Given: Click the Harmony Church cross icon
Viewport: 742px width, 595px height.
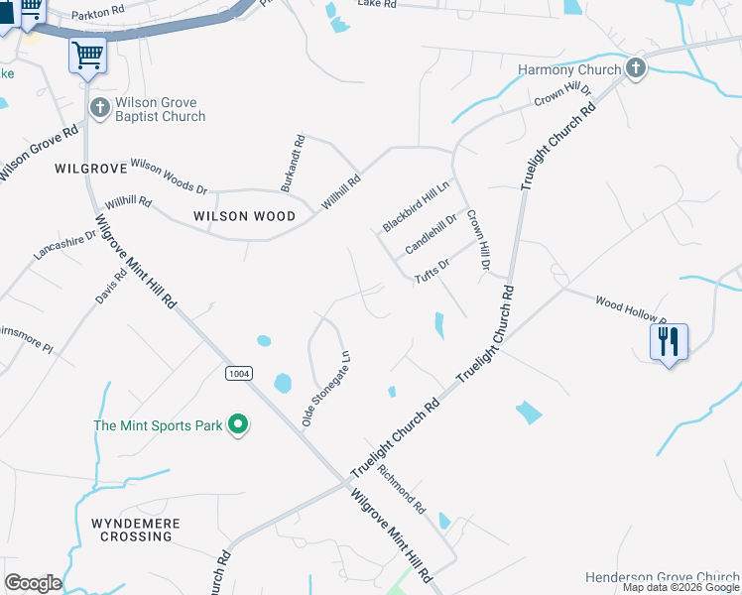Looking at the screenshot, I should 636,69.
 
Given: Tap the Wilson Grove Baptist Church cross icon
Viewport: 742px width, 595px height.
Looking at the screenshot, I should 99,107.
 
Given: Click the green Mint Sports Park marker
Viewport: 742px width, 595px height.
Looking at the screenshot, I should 237,425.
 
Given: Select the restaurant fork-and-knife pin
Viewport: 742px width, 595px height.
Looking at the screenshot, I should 669,343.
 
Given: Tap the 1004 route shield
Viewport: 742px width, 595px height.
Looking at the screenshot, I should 238,373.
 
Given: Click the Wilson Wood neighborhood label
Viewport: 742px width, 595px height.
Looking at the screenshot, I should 244,216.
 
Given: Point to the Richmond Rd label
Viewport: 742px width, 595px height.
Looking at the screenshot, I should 401,491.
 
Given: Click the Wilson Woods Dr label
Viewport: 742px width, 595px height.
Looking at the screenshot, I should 169,177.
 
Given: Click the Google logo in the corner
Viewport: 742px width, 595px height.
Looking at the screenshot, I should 32,583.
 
